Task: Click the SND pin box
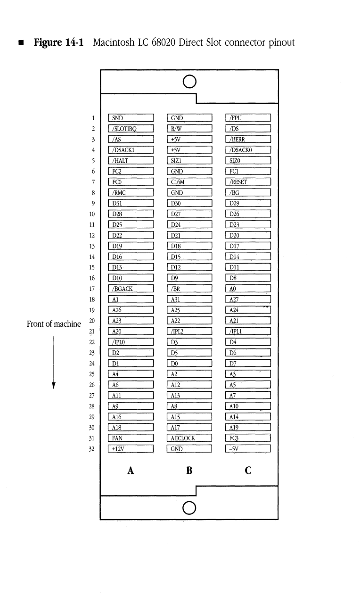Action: click(x=131, y=118)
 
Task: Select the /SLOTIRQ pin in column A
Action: click(x=131, y=129)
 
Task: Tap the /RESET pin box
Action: click(x=248, y=182)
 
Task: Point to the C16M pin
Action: click(x=190, y=182)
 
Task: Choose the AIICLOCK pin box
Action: click(x=190, y=438)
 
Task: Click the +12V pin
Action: click(x=131, y=449)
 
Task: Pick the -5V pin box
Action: click(x=248, y=449)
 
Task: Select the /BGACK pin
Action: click(x=131, y=289)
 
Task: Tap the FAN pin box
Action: click(x=131, y=438)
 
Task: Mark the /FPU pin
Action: click(x=248, y=118)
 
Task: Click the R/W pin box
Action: click(x=190, y=129)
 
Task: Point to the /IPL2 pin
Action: click(x=190, y=331)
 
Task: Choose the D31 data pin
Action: click(x=131, y=204)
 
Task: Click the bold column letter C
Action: click(x=248, y=470)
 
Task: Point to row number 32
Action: click(x=93, y=449)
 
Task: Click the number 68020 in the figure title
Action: click(x=164, y=43)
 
